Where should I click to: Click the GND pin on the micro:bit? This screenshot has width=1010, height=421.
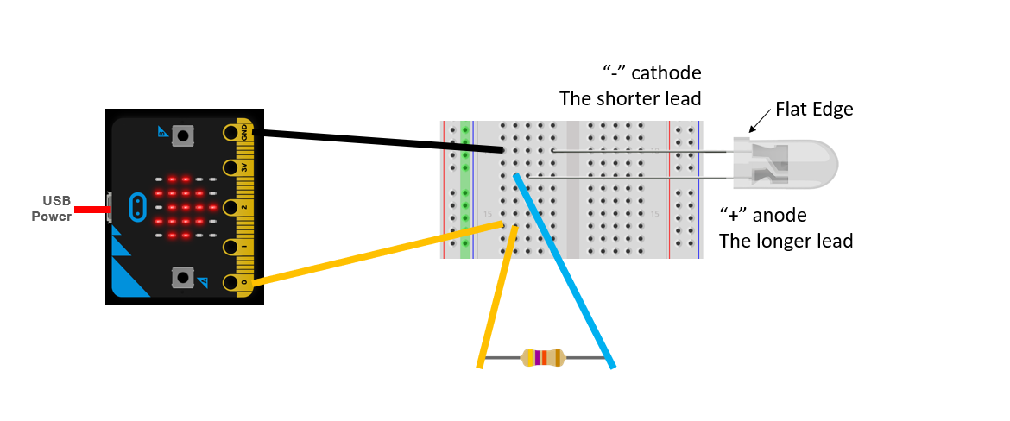pos(231,133)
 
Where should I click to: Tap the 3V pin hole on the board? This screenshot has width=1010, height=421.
pos(231,167)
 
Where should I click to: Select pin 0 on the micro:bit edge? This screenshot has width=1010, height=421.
pos(231,282)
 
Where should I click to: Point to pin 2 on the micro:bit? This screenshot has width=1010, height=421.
pos(231,207)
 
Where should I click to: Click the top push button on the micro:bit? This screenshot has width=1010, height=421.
pos(182,135)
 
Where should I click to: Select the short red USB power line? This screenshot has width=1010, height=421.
pos(90,209)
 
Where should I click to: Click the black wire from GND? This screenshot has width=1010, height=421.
pos(380,141)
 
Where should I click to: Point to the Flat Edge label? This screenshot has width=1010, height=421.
pos(813,109)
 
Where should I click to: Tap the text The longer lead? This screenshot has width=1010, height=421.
pos(786,241)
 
